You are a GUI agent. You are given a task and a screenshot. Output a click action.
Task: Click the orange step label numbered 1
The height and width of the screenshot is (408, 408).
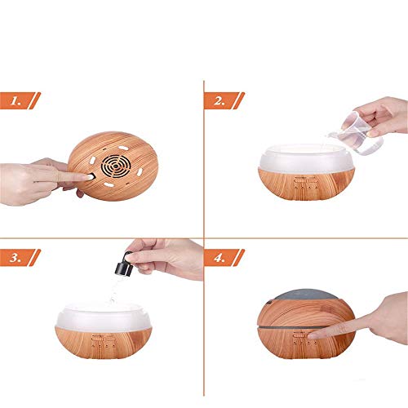click(20, 100)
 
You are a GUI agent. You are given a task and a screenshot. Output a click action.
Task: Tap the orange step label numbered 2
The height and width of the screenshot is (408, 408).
click(224, 100)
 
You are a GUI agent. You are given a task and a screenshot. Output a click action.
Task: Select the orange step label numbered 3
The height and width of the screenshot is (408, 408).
click(20, 258)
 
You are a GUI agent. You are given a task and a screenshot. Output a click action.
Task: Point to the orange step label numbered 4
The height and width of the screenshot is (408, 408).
click(224, 258)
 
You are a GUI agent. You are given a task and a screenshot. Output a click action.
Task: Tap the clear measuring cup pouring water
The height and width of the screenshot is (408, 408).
click(357, 133)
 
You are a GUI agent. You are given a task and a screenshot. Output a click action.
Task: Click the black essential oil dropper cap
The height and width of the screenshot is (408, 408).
click(123, 263)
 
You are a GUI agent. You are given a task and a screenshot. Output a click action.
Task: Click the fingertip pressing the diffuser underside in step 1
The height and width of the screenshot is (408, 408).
click(89, 177)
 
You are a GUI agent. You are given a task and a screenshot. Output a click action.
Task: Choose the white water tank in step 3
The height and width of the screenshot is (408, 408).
click(104, 316)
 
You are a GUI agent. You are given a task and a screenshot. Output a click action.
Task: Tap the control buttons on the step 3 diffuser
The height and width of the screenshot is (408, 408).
click(104, 341)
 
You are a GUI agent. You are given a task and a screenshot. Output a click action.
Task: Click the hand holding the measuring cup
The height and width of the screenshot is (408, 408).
click(382, 116)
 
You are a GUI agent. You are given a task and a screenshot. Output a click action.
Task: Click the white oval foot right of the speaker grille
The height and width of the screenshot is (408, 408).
click(140, 172)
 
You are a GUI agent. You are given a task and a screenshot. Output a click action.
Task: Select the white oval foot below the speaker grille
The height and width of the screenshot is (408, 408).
click(108, 184)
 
